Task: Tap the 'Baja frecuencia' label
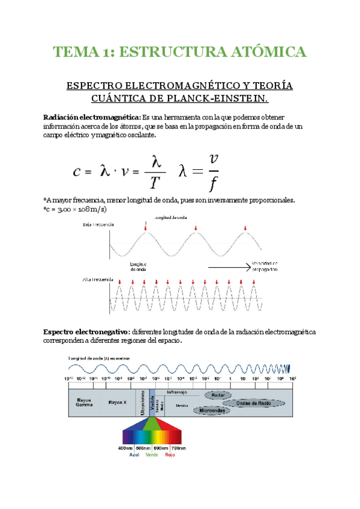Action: (98, 224)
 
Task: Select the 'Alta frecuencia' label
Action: (98, 280)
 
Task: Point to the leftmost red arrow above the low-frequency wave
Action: (145, 226)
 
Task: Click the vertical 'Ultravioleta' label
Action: (143, 403)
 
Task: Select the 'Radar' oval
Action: (217, 396)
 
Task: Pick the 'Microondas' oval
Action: (212, 411)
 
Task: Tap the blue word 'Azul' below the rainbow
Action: (134, 455)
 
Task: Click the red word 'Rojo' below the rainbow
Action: (170, 455)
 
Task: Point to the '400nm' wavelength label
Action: (125, 448)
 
